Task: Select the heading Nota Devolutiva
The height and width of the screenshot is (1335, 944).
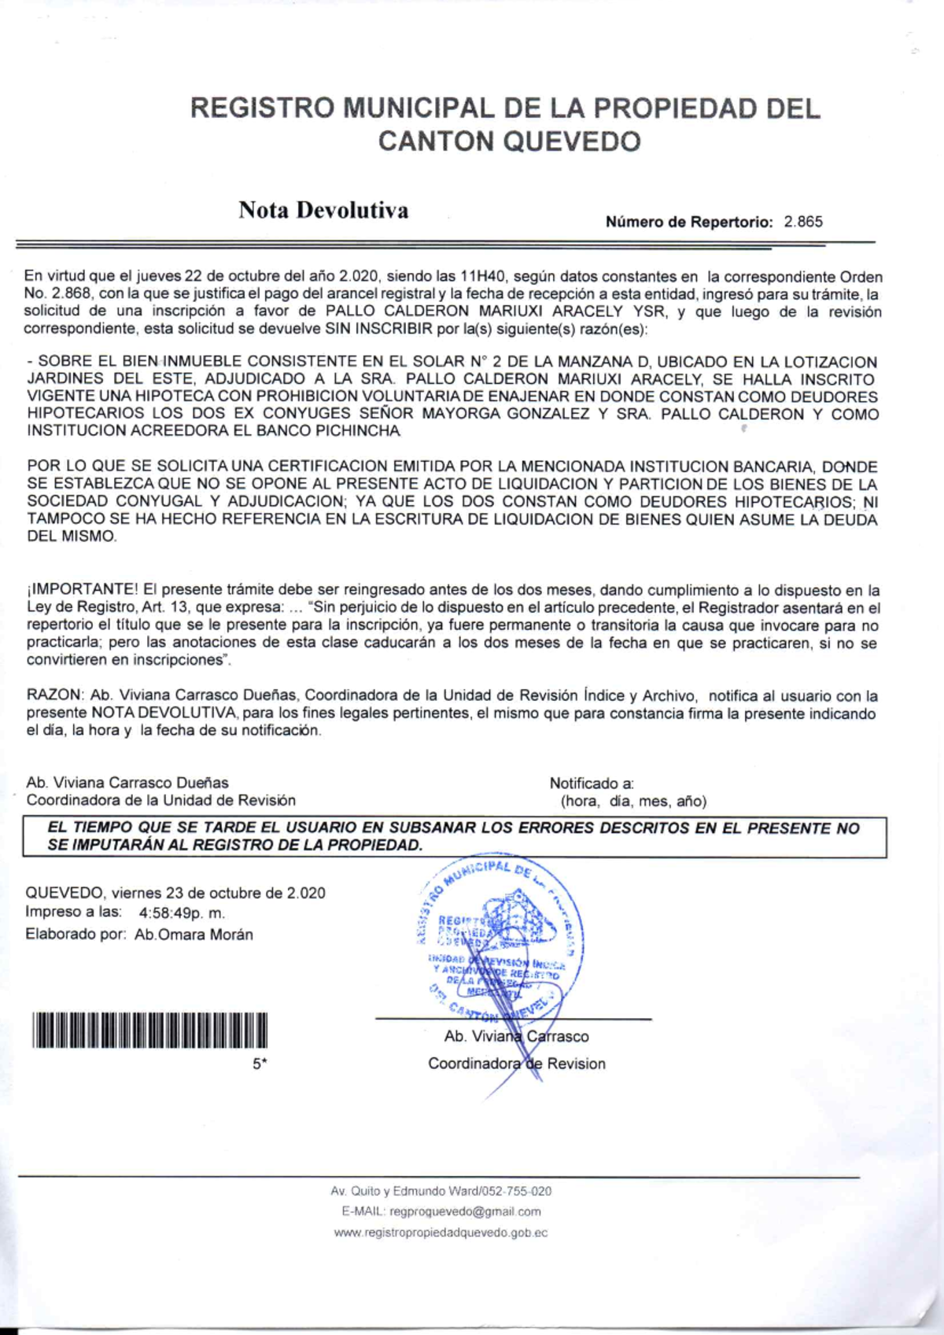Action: [x=323, y=211]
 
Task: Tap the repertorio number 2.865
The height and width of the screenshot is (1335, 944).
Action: [x=803, y=222]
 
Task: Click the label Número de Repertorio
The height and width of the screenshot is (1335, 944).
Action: [x=689, y=222]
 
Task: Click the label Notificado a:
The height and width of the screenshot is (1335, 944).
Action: [x=592, y=784]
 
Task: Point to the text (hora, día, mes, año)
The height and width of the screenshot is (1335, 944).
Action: [x=633, y=802]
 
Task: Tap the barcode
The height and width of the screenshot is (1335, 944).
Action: [x=149, y=1031]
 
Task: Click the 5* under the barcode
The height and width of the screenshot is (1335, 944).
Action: [x=260, y=1064]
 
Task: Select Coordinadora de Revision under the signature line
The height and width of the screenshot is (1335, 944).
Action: [x=517, y=1064]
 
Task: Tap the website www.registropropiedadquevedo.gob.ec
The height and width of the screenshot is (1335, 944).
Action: [x=441, y=1233]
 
